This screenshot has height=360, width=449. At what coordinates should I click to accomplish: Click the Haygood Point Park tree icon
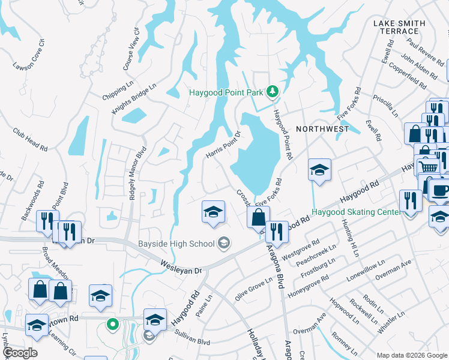click(273, 91)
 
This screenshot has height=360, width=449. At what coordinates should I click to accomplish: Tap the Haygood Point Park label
click(226, 92)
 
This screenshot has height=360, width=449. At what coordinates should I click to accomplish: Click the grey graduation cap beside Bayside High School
click(224, 242)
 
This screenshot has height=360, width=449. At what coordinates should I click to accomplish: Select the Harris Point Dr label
click(223, 146)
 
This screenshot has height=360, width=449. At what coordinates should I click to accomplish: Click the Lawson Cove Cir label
click(29, 55)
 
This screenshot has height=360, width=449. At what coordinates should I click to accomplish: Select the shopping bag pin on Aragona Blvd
click(258, 217)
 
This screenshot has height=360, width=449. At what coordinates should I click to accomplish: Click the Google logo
click(19, 353)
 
